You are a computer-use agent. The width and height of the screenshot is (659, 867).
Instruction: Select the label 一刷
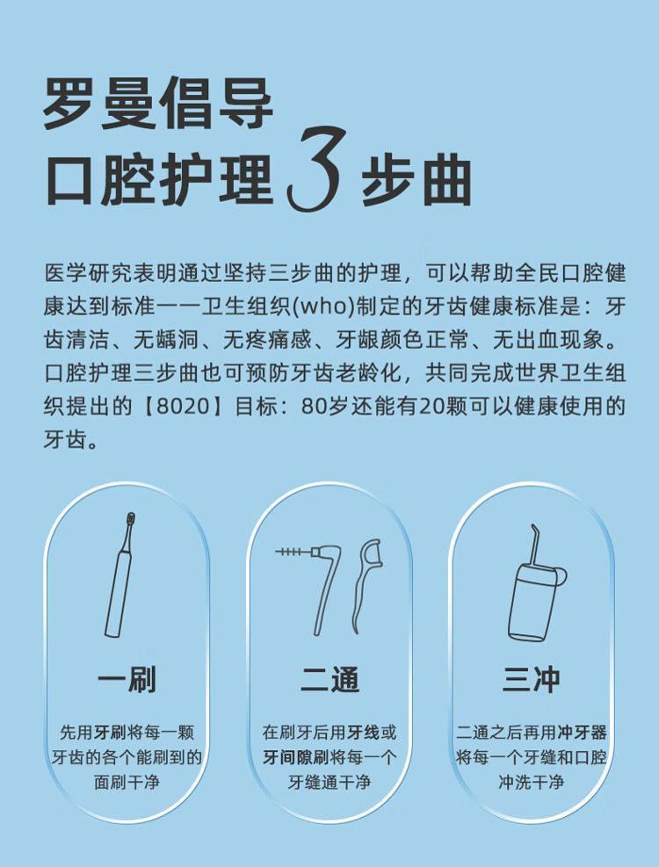click(127, 680)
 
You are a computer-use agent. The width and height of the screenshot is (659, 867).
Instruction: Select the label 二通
click(329, 680)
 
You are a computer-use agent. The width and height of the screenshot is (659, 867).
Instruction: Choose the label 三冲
click(532, 680)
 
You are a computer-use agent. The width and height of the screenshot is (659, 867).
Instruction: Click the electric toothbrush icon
click(119, 575)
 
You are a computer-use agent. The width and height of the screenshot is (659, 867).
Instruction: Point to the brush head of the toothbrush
click(131, 520)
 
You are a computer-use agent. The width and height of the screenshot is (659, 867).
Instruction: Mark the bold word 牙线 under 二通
click(364, 733)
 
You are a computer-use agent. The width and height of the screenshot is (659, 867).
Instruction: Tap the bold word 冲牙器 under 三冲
click(582, 733)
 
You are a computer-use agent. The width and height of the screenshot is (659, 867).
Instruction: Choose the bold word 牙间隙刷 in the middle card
click(295, 757)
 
